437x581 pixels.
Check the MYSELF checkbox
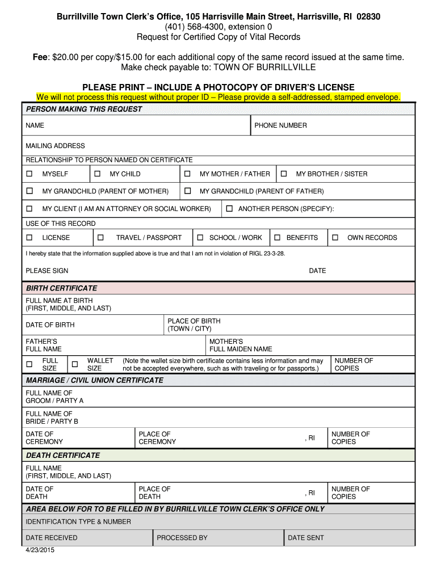[x=30, y=174]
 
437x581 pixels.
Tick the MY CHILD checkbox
[x=97, y=174]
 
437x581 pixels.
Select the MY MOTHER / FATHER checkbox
[x=187, y=174]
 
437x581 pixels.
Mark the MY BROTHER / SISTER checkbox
[x=284, y=174]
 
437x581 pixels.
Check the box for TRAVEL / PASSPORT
[x=100, y=237]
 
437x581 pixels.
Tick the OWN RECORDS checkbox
[x=335, y=237]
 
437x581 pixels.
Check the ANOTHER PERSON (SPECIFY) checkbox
[x=229, y=209]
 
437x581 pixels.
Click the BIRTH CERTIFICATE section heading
[x=61, y=288]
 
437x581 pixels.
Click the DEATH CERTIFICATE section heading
[x=62, y=455]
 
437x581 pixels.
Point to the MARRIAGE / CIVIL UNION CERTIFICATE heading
[x=94, y=380]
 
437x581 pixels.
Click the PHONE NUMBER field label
[x=280, y=125]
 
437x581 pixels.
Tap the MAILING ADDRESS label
[x=55, y=146]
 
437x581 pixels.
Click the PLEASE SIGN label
[x=47, y=271]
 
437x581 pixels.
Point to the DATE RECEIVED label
[x=51, y=537]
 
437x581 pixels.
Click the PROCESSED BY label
[x=182, y=537]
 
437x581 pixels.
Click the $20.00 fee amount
[x=66, y=57]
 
